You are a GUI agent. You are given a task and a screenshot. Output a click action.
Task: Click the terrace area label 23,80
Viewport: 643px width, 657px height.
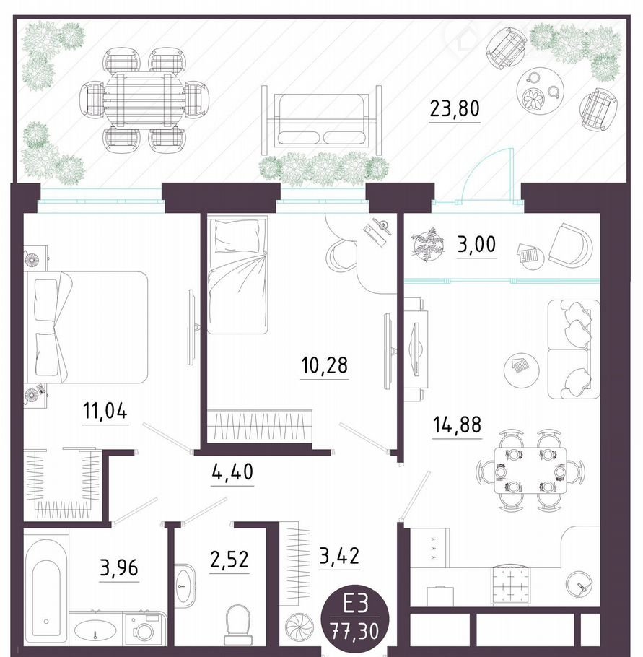pyautogui.click(x=455, y=108)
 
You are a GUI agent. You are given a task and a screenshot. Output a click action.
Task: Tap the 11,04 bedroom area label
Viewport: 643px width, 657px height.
pyautogui.click(x=105, y=411)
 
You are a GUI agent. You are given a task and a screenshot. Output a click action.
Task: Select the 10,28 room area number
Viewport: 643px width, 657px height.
pyautogui.click(x=324, y=365)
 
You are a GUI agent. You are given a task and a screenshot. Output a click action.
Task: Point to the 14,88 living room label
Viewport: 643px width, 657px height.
pyautogui.click(x=457, y=425)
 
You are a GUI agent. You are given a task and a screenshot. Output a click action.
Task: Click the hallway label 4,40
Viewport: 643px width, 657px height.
pyautogui.click(x=232, y=472)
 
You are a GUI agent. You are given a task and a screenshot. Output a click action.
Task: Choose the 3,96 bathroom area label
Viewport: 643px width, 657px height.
pyautogui.click(x=119, y=568)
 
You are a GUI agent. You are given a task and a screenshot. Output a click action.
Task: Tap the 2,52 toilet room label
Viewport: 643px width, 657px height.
pyautogui.click(x=229, y=560)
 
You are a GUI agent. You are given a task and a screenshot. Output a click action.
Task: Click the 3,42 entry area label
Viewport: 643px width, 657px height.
pyautogui.click(x=339, y=557)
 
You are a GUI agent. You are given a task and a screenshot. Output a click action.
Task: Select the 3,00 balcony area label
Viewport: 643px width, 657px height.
pyautogui.click(x=477, y=244)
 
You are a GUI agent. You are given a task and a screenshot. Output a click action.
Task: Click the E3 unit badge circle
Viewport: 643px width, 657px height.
pyautogui.click(x=355, y=618)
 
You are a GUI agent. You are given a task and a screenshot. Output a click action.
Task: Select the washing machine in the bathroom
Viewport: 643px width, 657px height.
pyautogui.click(x=145, y=629)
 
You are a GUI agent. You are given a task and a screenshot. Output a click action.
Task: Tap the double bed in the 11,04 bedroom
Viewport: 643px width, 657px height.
pyautogui.click(x=87, y=327)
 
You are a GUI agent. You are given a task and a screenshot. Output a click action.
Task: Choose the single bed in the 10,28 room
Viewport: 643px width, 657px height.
pyautogui.click(x=237, y=274)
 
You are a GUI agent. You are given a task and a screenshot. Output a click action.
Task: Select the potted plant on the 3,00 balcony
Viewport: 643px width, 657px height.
pyautogui.click(x=428, y=244)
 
